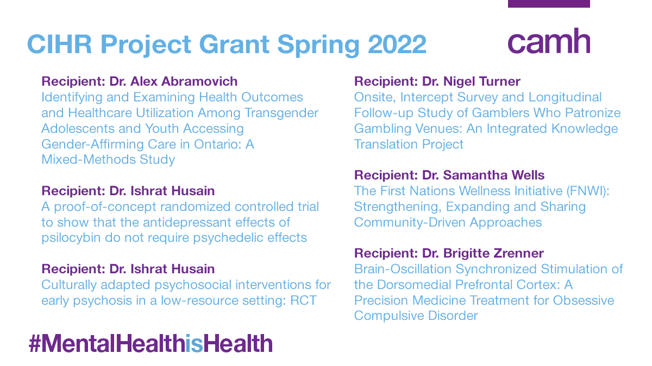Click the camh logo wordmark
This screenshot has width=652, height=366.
549,41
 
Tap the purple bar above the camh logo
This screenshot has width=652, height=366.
549,4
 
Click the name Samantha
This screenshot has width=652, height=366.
473,176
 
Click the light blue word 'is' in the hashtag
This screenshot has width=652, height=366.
194,344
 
